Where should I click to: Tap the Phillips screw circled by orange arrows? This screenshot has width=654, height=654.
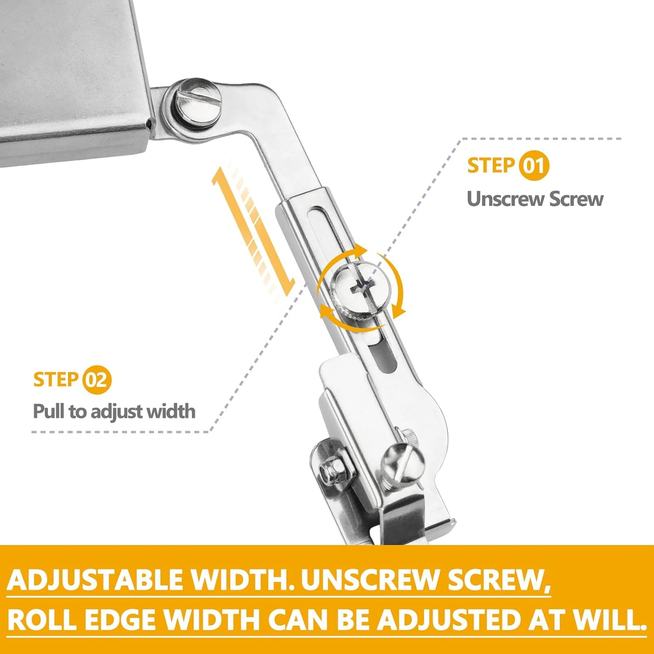click(360, 286)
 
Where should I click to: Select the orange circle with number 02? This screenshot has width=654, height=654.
click(96, 380)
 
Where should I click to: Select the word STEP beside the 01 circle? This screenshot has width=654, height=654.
click(491, 166)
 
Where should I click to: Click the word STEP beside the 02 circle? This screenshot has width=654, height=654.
click(56, 380)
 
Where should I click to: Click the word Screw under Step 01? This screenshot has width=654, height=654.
click(576, 199)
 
